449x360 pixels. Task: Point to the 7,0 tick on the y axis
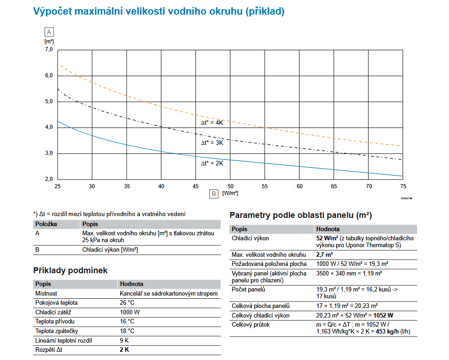49,49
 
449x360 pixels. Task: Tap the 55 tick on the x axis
265,186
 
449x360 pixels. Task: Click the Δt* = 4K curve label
212,123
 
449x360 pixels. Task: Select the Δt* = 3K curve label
212,143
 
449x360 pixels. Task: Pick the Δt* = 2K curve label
212,163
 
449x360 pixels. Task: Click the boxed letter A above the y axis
49,32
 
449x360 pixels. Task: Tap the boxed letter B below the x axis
213,193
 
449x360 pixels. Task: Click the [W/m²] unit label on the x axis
230,193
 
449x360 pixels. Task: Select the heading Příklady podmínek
70,270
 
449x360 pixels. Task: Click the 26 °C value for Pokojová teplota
127,302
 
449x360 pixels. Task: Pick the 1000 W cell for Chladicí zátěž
130,312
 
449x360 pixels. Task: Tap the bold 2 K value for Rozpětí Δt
125,350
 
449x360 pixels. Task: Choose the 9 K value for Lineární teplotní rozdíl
124,340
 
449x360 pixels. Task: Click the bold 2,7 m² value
324,254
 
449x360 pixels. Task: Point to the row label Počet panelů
248,289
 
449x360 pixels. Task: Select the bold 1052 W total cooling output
384,315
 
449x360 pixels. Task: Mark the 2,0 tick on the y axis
49,179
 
